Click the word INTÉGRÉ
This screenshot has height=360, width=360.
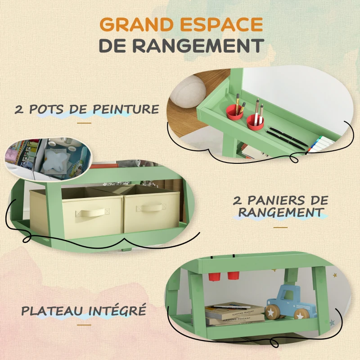point(125,310)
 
